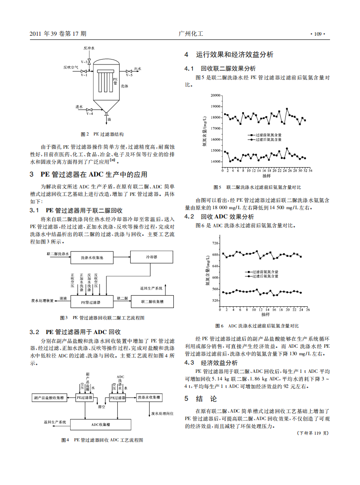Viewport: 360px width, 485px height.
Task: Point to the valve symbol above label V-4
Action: [x=89, y=109]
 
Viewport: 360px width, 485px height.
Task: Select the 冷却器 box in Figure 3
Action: [x=151, y=256]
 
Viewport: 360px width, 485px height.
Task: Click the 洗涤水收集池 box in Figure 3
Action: [x=92, y=257]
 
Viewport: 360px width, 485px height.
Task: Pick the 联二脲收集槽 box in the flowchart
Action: [x=152, y=302]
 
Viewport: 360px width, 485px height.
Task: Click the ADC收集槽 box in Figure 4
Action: [x=101, y=424]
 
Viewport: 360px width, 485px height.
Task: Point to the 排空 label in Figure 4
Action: [x=101, y=407]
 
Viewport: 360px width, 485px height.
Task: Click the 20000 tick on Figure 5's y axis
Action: [x=215, y=95]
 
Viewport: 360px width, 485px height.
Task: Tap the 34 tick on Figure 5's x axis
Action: [x=311, y=169]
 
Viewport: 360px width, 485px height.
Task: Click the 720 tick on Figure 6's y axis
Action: [x=215, y=243]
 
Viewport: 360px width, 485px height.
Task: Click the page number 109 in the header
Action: [x=318, y=34]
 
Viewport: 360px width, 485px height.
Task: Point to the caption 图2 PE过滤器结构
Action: [x=102, y=133]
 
